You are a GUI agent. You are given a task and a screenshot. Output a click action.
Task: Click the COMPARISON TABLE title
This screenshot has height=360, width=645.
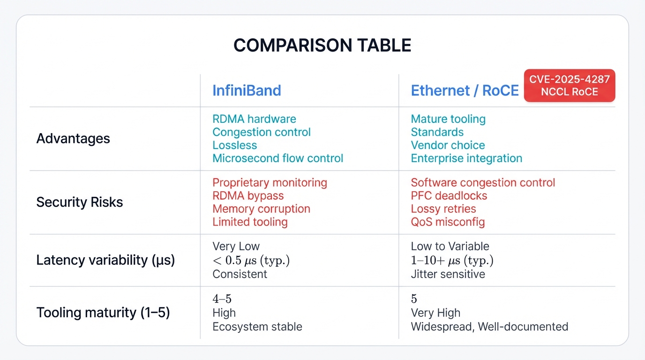click(x=322, y=45)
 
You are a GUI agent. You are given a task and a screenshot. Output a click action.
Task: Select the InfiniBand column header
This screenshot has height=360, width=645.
click(x=247, y=90)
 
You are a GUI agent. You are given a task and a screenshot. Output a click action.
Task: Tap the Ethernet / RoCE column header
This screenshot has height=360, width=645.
click(x=465, y=90)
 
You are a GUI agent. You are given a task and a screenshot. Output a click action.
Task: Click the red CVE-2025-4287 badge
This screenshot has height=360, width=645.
click(x=569, y=86)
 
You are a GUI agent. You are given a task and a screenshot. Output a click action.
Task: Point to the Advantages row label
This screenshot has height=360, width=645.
click(x=73, y=139)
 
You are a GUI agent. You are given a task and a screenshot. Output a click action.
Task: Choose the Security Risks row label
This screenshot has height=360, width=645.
click(x=80, y=202)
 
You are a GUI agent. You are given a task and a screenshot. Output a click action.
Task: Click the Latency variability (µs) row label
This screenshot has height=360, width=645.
click(x=105, y=261)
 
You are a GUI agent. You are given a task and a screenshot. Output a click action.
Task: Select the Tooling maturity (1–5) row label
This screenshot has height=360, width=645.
click(x=103, y=313)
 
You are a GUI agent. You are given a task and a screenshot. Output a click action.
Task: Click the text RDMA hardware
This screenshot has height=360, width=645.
click(x=254, y=119)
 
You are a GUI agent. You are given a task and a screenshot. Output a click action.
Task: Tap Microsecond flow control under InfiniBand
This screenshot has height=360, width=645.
click(x=277, y=158)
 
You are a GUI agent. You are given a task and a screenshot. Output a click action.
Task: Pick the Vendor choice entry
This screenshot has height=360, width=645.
click(x=448, y=145)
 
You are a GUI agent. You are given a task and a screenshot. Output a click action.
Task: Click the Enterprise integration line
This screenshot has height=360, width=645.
click(x=466, y=158)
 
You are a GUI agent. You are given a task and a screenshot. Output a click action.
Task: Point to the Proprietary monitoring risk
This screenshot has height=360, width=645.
click(x=270, y=183)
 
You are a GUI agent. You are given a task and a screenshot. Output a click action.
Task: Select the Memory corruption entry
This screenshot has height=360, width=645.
click(x=261, y=209)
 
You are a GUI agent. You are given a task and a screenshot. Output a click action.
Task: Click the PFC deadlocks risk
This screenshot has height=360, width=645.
click(x=449, y=196)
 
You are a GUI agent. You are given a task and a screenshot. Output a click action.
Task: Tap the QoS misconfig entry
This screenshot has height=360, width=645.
click(x=448, y=222)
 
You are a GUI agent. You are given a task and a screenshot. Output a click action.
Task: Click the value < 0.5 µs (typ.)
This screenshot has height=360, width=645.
click(x=251, y=261)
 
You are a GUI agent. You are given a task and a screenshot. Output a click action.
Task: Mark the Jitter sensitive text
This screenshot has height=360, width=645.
click(x=448, y=274)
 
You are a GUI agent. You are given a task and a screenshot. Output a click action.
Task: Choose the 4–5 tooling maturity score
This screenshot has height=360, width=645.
click(x=222, y=299)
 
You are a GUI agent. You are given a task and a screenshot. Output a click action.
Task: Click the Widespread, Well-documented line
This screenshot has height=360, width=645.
click(x=489, y=327)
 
